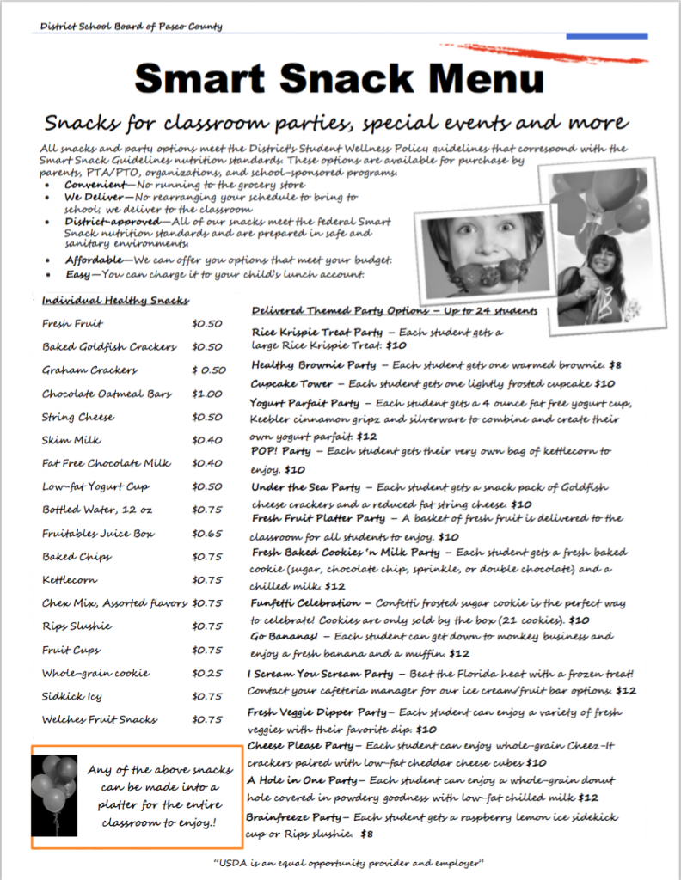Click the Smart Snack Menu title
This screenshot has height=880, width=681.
tap(340, 80)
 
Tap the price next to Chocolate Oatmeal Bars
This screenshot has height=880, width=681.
tap(206, 394)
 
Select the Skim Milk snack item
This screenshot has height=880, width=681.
tap(71, 440)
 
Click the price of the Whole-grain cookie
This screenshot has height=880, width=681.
tap(206, 673)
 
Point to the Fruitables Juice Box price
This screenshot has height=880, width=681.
tap(206, 534)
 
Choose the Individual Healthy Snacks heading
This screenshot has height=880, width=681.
tap(115, 300)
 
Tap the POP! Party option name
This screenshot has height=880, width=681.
tap(281, 450)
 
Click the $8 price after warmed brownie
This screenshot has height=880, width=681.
tap(615, 364)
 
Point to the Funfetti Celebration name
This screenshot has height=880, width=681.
tap(305, 602)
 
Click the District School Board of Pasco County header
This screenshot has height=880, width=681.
tap(131, 27)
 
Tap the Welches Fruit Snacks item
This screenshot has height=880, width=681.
tap(100, 719)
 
